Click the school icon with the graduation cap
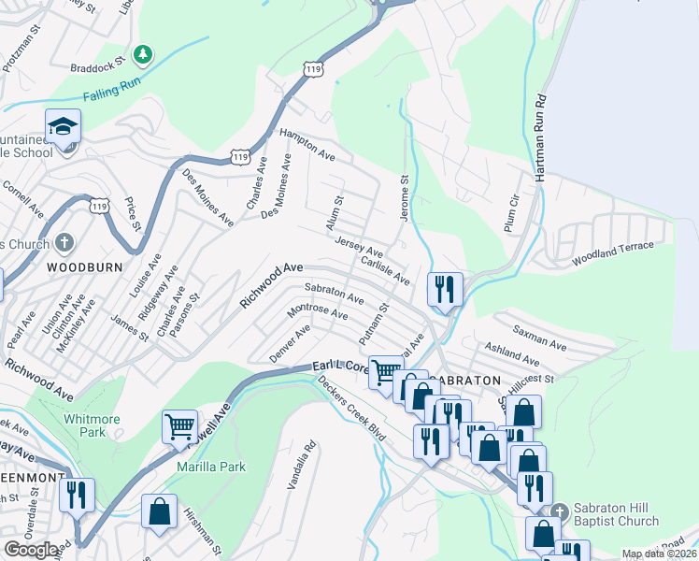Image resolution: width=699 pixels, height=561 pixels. click(63, 126)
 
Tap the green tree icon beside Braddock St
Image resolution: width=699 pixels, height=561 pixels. click(142, 55)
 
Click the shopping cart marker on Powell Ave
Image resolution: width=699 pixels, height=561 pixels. click(179, 426)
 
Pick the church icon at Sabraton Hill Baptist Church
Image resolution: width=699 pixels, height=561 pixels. click(559, 511)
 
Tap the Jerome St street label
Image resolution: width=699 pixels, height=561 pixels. click(405, 197)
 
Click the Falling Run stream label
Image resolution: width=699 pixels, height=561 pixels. click(110, 94)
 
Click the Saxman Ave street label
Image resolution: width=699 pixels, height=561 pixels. click(538, 339)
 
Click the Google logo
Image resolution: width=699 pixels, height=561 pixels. click(31, 550)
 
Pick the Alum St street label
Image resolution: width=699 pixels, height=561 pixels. click(338, 212)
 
